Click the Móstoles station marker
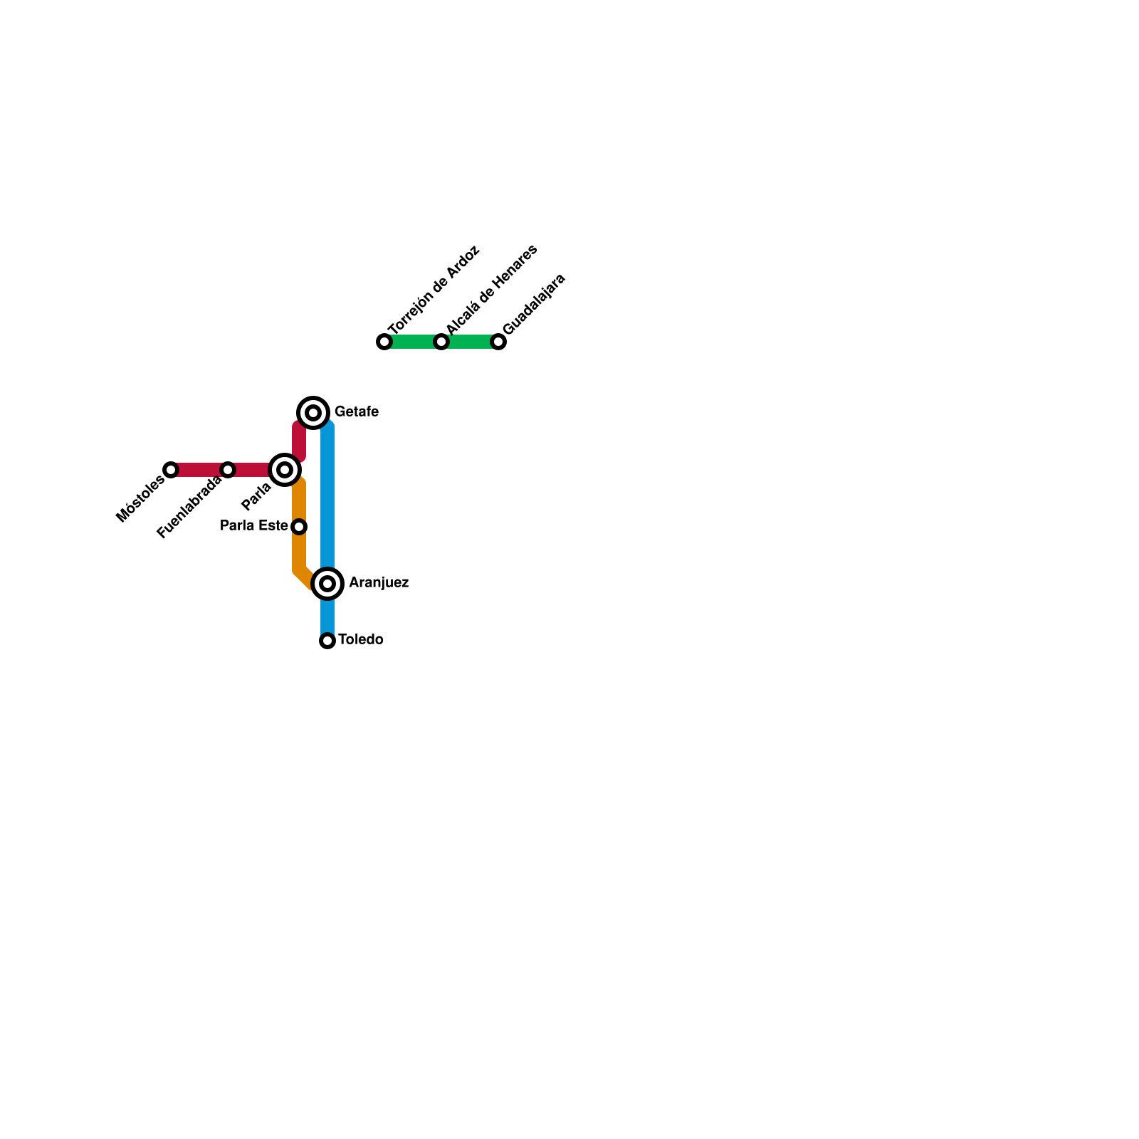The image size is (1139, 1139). (x=171, y=470)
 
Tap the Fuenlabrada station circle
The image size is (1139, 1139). (x=228, y=470)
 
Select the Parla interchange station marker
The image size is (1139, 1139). (x=285, y=470)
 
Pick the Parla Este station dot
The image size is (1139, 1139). (x=300, y=527)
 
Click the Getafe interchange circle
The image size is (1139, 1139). (x=313, y=413)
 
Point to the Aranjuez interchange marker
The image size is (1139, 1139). (x=327, y=584)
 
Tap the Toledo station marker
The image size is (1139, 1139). (x=327, y=641)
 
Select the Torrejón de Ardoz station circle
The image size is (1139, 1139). (x=384, y=342)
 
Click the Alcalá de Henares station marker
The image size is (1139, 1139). (x=441, y=342)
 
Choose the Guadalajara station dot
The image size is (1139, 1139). (x=498, y=342)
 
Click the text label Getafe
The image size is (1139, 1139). (x=356, y=412)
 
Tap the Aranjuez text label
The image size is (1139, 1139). (x=379, y=583)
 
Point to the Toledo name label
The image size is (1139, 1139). (x=361, y=640)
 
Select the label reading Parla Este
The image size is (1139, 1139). (x=253, y=526)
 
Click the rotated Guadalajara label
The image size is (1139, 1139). (x=534, y=304)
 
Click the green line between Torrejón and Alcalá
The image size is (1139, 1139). (x=413, y=342)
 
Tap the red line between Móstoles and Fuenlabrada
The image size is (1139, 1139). (x=199, y=470)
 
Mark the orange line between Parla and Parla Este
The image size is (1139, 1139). (x=299, y=502)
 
